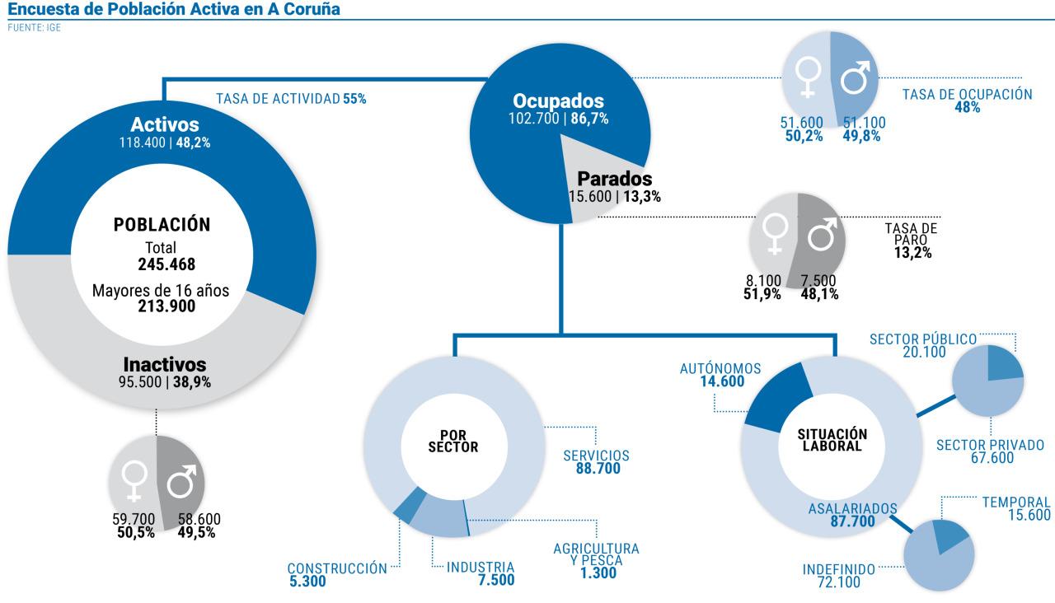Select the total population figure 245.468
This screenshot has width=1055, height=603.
point(166,264)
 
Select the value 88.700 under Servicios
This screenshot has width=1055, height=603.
point(598,470)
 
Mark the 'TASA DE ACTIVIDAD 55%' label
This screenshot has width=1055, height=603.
point(291,99)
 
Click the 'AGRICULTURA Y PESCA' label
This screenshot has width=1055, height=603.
point(595,554)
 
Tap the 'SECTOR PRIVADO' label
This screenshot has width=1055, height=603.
point(990,446)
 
